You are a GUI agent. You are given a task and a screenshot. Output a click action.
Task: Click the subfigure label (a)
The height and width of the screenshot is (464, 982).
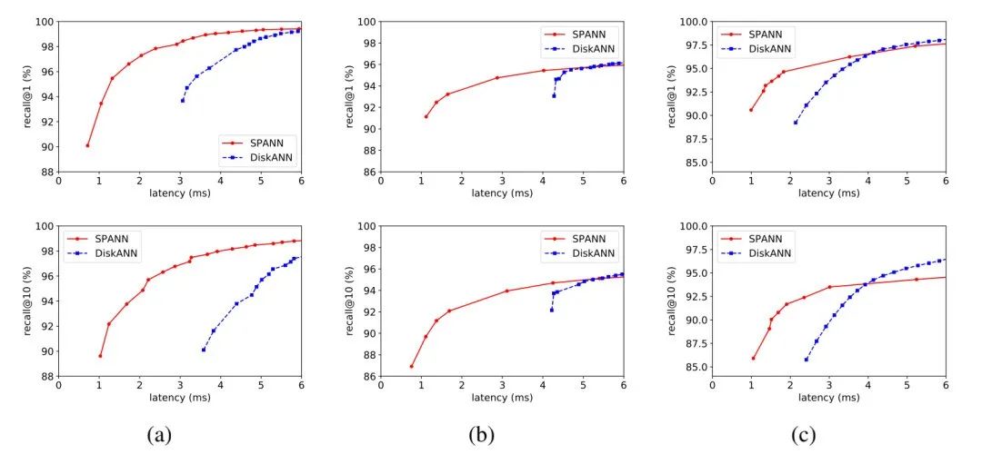click(x=159, y=435)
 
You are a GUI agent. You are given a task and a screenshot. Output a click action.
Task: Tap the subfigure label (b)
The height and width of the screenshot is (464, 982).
click(x=481, y=435)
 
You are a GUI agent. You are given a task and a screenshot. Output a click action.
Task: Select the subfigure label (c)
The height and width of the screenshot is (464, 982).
click(x=803, y=435)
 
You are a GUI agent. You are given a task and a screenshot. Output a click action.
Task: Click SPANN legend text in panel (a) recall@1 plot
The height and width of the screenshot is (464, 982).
click(x=269, y=143)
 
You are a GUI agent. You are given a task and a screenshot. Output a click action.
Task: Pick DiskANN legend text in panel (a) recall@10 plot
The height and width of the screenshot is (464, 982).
click(x=116, y=253)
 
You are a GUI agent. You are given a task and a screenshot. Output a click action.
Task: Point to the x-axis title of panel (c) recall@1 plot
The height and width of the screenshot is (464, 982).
click(x=828, y=193)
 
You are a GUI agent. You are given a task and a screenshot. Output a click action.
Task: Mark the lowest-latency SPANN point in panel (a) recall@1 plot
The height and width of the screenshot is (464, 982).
click(x=87, y=145)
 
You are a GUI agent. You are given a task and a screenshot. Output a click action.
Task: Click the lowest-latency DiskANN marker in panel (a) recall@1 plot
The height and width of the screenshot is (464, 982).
click(x=183, y=100)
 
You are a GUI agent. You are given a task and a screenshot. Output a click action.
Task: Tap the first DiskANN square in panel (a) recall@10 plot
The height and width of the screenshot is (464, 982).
click(x=204, y=350)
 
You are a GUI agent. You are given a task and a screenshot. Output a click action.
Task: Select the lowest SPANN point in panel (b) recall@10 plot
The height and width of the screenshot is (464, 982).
click(x=412, y=367)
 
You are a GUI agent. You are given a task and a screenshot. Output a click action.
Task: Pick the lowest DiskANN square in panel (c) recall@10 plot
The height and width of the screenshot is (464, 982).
click(x=806, y=360)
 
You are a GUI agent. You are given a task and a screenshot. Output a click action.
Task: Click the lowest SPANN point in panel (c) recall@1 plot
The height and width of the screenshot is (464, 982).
click(x=751, y=110)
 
